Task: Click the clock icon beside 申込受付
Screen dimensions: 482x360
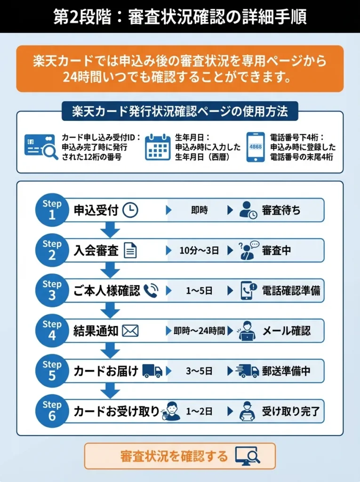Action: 130,210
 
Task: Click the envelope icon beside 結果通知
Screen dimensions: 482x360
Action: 130,331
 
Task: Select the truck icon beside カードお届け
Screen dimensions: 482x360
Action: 152,371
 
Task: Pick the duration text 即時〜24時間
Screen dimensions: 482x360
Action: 199,331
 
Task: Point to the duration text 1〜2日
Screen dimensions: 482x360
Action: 199,411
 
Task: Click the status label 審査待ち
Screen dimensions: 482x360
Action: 281,210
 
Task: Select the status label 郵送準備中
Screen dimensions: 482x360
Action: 286,371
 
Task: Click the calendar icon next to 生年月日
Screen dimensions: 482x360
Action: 158,147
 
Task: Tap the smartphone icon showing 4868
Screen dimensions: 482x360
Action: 256,147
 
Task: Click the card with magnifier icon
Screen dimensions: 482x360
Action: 41,147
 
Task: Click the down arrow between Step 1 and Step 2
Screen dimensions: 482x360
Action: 111,230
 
